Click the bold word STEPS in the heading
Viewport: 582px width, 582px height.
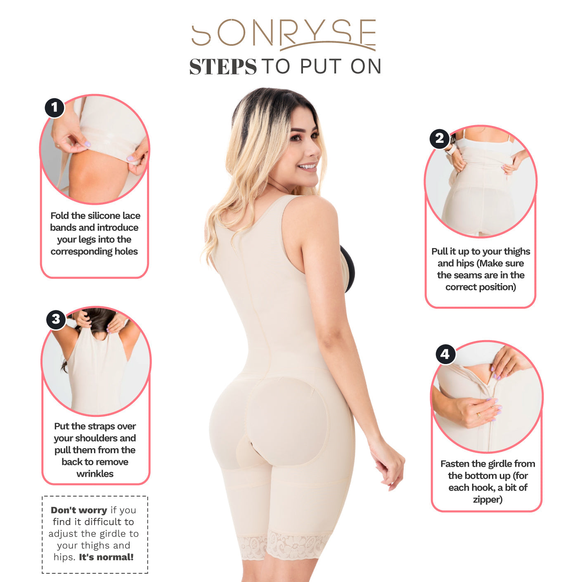(x=223, y=67)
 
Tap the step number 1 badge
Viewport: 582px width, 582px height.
(x=54, y=107)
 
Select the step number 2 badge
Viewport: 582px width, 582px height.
(x=440, y=139)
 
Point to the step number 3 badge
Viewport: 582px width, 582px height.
(x=56, y=319)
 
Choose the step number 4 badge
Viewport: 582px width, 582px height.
(x=445, y=354)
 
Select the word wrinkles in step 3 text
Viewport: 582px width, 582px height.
(x=95, y=474)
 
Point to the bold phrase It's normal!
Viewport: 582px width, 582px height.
(x=106, y=557)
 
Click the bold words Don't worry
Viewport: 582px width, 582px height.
(x=79, y=510)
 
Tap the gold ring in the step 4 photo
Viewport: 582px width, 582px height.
(x=479, y=415)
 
